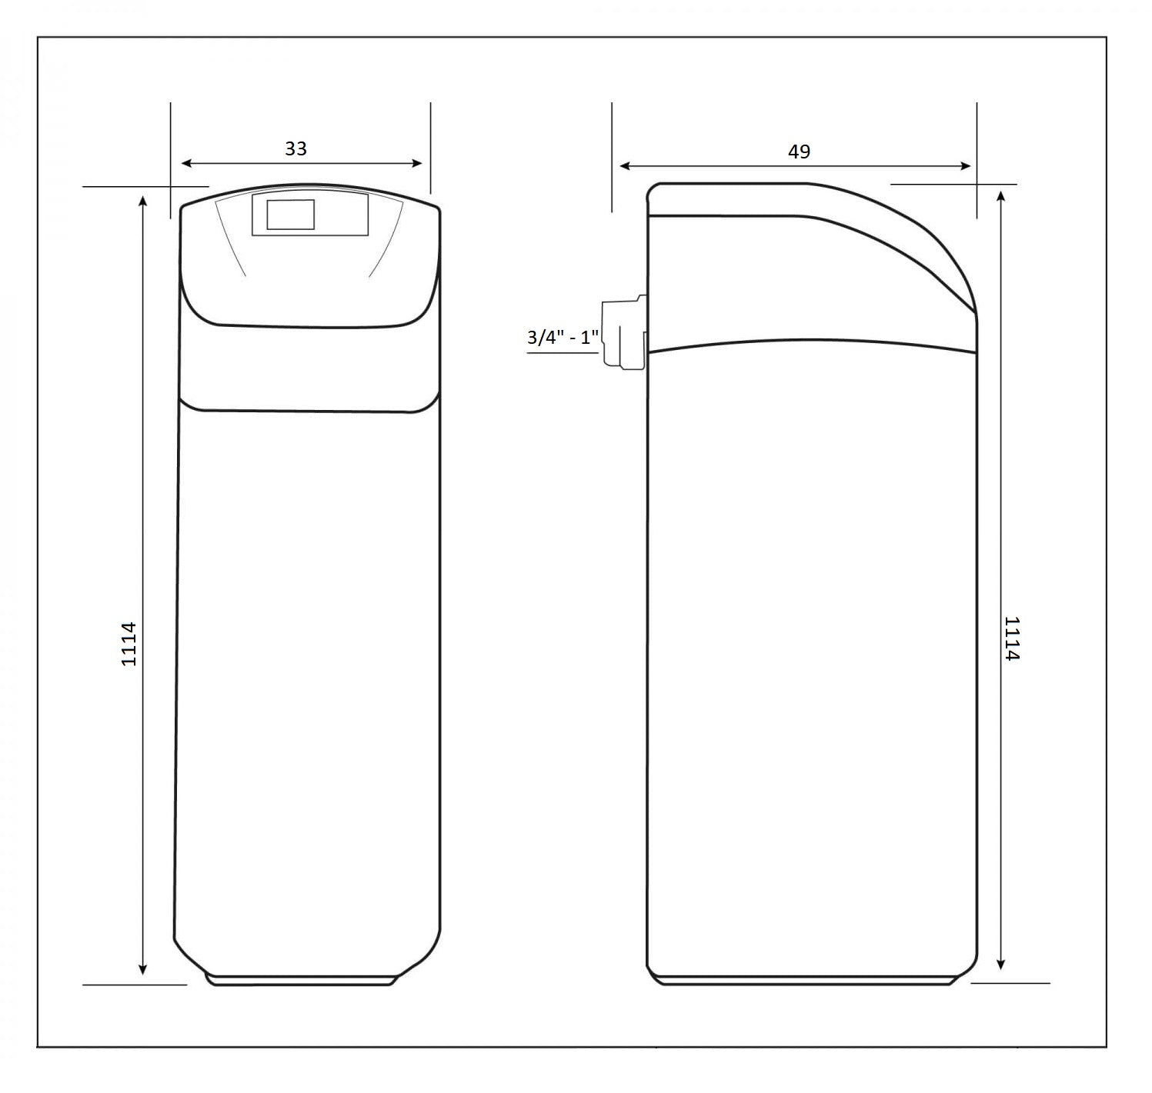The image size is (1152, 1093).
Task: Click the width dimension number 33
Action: click(x=296, y=148)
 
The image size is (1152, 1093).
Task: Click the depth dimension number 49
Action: click(x=799, y=152)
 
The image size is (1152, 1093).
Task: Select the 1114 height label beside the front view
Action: click(x=129, y=644)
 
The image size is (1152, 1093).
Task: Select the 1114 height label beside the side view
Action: click(x=1012, y=638)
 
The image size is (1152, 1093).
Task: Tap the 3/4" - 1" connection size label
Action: click(x=563, y=338)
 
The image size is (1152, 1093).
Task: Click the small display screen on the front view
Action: click(x=291, y=215)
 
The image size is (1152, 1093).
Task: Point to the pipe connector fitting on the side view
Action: click(x=625, y=333)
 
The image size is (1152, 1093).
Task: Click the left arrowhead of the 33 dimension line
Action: click(x=185, y=163)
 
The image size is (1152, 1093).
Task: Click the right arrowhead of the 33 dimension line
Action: click(x=417, y=163)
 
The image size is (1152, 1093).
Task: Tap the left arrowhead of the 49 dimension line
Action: click(x=624, y=166)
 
